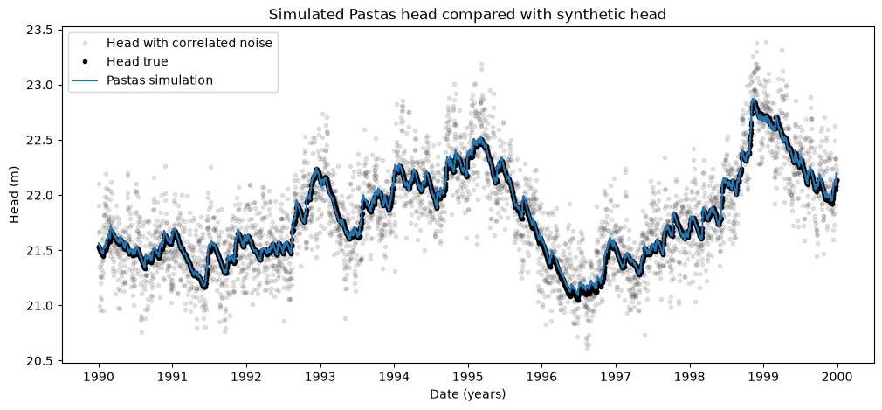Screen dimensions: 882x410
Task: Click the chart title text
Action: pyautogui.click(x=467, y=15)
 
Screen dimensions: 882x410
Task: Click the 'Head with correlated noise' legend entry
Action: pyautogui.click(x=189, y=44)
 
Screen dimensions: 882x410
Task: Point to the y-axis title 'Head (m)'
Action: pyautogui.click(x=15, y=195)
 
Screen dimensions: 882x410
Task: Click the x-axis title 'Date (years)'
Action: pyautogui.click(x=468, y=393)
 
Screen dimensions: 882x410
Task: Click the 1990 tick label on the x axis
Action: pyautogui.click(x=99, y=375)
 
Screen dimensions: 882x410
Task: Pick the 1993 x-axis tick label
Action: pyautogui.click(x=320, y=375)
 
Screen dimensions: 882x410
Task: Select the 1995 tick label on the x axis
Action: pyautogui.click(x=469, y=375)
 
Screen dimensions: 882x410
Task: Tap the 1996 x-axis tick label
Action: pyautogui.click(x=542, y=375)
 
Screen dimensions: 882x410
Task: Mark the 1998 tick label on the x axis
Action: pyautogui.click(x=690, y=375)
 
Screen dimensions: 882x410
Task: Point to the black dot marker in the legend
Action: pyautogui.click(x=86, y=62)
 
